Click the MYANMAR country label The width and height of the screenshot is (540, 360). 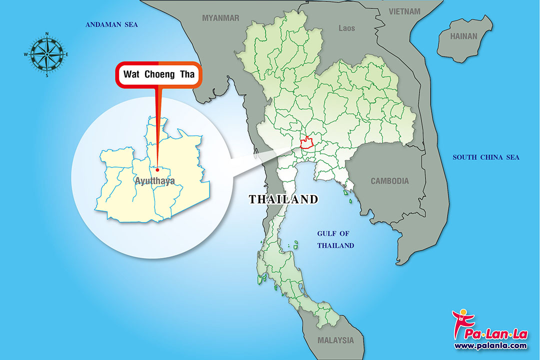tap(220, 18)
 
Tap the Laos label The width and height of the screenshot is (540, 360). tap(346, 28)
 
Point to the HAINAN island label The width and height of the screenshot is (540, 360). tap(463, 36)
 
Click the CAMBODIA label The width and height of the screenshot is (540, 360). tap(389, 181)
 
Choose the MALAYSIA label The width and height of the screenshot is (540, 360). tap(335, 340)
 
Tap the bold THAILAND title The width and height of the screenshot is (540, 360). tap(283, 199)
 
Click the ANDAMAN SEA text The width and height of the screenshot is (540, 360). tap(111, 24)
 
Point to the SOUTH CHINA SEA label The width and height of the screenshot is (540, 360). tap(486, 157)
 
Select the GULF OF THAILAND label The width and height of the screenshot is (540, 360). tap(335, 239)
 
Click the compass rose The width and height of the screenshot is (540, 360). tap(46, 54)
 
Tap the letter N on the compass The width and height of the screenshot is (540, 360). tap(47, 34)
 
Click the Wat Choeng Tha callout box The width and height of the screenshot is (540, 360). tap(158, 75)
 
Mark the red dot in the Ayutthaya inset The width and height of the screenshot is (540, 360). tap(157, 169)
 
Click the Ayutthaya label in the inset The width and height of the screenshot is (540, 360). tap(155, 180)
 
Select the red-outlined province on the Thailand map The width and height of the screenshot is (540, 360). tap(307, 142)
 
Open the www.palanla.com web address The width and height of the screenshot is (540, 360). tap(490, 345)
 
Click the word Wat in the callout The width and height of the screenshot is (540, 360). tap(131, 75)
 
